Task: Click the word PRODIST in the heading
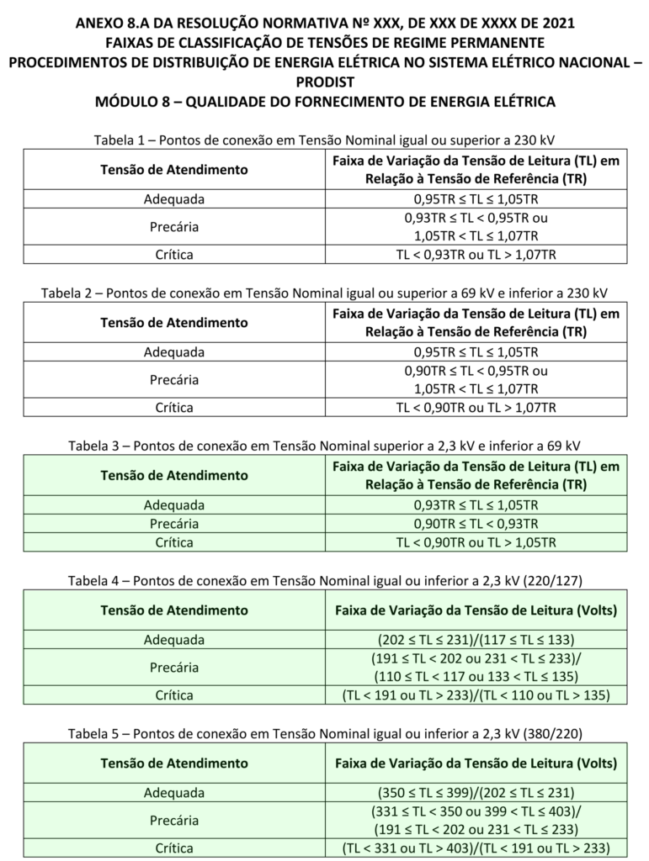pyautogui.click(x=324, y=82)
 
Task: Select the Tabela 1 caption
pyautogui.click(x=324, y=139)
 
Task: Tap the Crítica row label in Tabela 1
pyautogui.click(x=174, y=253)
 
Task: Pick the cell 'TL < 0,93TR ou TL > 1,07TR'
pyautogui.click(x=476, y=253)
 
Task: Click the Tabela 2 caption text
pyautogui.click(x=324, y=293)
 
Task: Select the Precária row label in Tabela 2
pyautogui.click(x=174, y=379)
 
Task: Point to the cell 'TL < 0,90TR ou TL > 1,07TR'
pyautogui.click(x=476, y=408)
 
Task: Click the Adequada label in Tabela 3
pyautogui.click(x=174, y=505)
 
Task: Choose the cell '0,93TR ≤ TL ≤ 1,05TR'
pyautogui.click(x=476, y=505)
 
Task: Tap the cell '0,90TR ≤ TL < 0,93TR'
pyautogui.click(x=476, y=524)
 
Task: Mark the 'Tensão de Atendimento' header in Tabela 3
pyautogui.click(x=174, y=475)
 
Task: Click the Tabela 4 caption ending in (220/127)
pyautogui.click(x=324, y=580)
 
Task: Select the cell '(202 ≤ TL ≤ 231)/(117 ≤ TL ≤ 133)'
pyautogui.click(x=476, y=639)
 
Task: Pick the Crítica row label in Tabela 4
pyautogui.click(x=174, y=695)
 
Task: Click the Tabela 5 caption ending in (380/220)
pyautogui.click(x=324, y=734)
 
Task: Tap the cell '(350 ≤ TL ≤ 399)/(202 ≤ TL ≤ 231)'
pyautogui.click(x=476, y=792)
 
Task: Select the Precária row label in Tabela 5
pyautogui.click(x=174, y=820)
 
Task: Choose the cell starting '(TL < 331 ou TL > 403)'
pyautogui.click(x=476, y=848)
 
